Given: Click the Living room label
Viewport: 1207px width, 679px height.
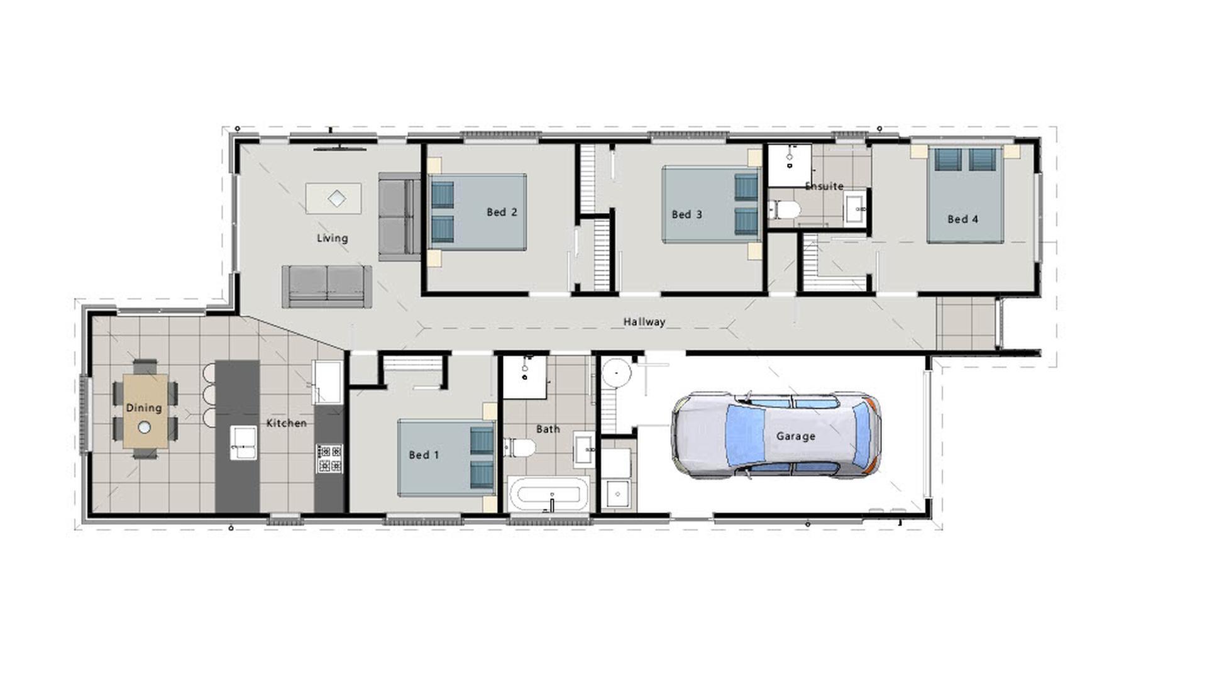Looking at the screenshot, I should coord(332,238).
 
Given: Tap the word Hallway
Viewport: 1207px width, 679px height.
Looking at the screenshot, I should coord(644,322).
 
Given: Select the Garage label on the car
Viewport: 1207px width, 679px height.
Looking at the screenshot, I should coord(795,436).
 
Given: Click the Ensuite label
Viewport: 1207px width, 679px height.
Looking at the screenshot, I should coord(824,186).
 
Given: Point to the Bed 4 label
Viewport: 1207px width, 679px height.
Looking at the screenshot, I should coord(962,219).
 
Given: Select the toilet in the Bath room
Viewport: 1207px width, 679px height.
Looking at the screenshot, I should coord(521,448).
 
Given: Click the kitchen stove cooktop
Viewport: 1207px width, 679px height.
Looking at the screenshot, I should coord(329,458).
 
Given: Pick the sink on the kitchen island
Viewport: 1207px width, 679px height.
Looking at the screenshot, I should coord(243,442).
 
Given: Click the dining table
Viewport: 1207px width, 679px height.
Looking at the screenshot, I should coord(145,410).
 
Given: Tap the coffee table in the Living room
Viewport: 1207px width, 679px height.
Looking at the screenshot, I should coord(334,199).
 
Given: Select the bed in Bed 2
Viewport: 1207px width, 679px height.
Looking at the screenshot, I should coord(478,212).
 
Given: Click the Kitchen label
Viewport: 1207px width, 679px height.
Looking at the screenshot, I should coord(286,424).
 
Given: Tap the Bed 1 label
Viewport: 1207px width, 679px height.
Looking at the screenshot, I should coord(424,455).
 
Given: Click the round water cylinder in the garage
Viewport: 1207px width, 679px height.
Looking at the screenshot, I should coord(617,372).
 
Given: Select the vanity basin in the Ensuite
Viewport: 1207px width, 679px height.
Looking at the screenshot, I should coord(854,207).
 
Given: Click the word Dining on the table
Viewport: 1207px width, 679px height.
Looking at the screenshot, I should coord(144,408).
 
